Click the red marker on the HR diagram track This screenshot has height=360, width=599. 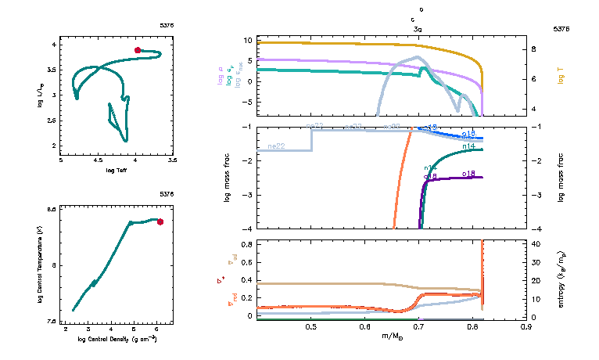(138, 50)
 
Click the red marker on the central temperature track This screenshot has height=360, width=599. (160, 221)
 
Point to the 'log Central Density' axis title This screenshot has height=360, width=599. (117, 340)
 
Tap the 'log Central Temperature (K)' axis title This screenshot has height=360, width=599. (40, 265)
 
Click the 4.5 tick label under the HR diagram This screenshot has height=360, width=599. (98, 160)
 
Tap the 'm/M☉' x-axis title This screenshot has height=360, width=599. (391, 336)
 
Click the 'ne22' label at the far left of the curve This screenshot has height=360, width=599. (275, 146)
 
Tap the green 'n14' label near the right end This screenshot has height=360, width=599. (469, 146)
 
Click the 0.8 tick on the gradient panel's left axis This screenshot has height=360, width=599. (246, 244)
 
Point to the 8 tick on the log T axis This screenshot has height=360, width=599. (538, 49)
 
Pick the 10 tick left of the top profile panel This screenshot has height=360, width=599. (246, 40)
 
